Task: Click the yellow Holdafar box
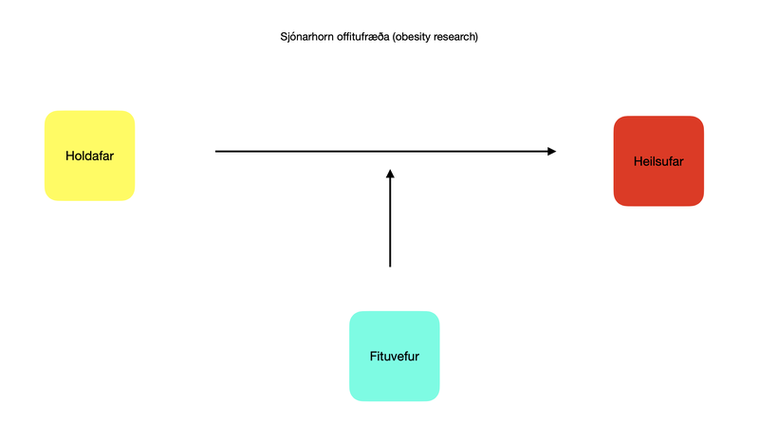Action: tap(89, 156)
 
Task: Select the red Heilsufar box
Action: tap(658, 160)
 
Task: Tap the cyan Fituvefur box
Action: tap(394, 357)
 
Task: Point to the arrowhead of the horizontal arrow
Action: tap(551, 151)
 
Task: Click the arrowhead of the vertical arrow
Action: tap(390, 173)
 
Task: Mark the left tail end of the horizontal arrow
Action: tap(216, 151)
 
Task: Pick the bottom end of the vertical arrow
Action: tap(390, 267)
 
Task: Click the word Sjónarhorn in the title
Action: tap(296, 38)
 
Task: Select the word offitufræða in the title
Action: tap(350, 38)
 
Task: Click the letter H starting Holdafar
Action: tap(69, 156)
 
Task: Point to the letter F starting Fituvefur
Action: tap(372, 358)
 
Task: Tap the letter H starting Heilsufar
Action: tap(637, 161)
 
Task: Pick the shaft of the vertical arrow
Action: tap(390, 223)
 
